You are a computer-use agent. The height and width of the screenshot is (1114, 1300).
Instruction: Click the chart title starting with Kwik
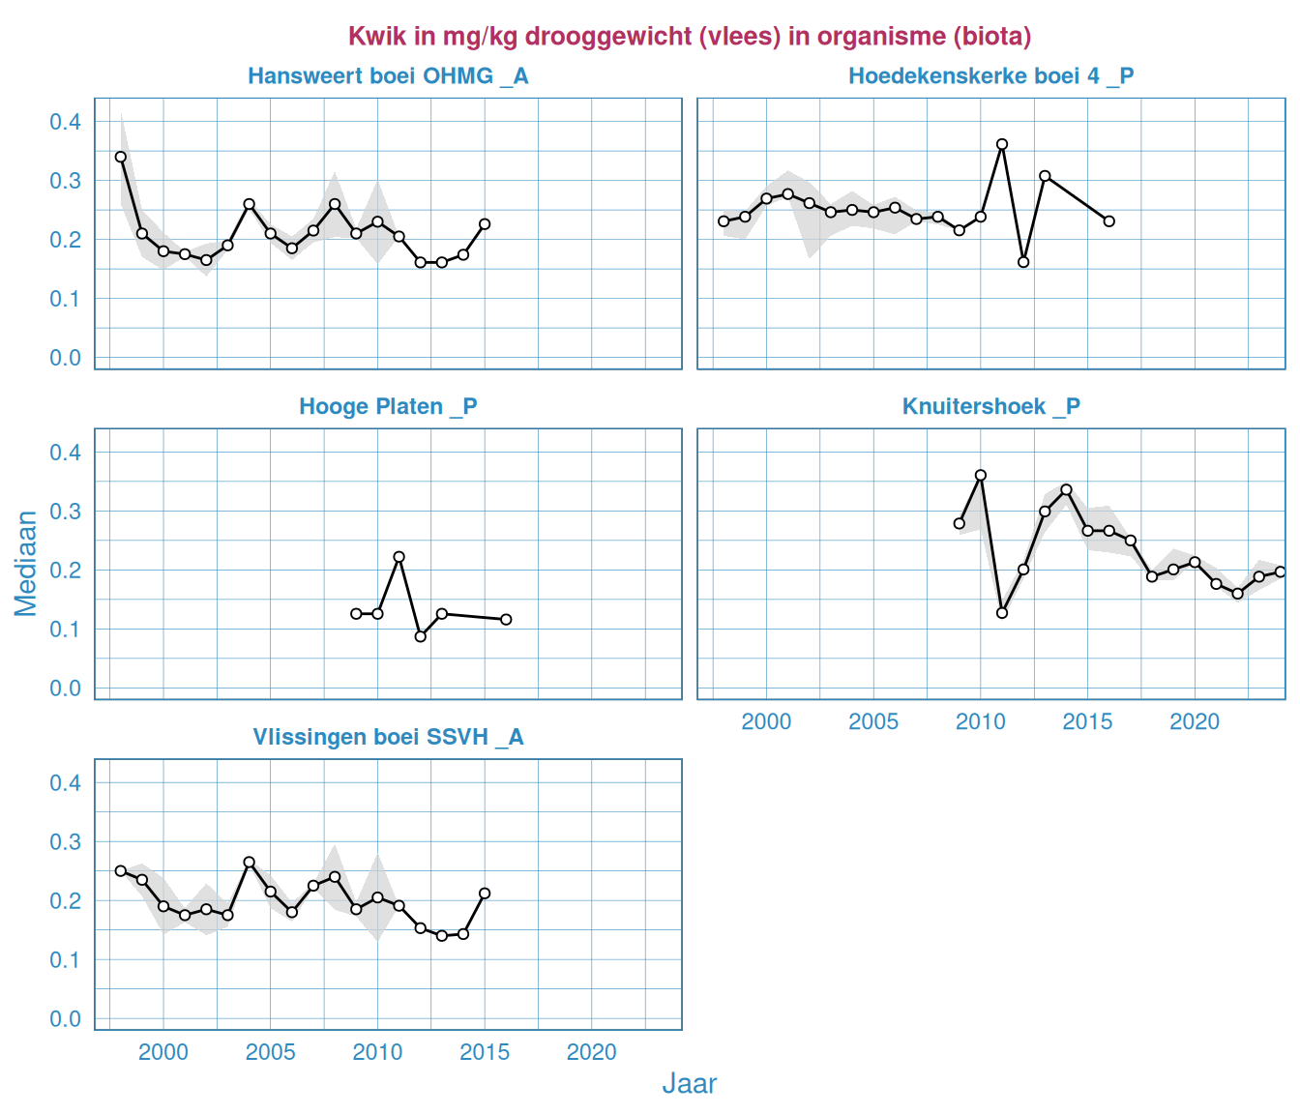pyautogui.click(x=689, y=37)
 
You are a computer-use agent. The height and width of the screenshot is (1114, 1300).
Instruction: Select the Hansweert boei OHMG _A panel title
pyautogui.click(x=388, y=76)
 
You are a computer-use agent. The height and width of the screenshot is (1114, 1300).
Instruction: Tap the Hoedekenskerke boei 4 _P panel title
pyautogui.click(x=990, y=76)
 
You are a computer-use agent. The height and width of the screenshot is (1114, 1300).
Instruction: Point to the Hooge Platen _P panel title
pyautogui.click(x=388, y=407)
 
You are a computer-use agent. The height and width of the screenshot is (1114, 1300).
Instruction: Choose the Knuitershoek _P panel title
pyautogui.click(x=990, y=407)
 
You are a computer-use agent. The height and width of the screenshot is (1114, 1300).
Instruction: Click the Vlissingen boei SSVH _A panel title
pyautogui.click(x=388, y=738)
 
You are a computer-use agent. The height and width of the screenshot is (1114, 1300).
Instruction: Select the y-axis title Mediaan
pyautogui.click(x=26, y=563)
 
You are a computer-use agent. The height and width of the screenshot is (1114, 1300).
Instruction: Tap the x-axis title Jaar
pyautogui.click(x=689, y=1084)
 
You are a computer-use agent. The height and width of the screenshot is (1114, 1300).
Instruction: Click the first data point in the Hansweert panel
pyautogui.click(x=121, y=157)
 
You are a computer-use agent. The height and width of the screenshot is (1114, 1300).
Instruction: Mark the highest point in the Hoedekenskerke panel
pyautogui.click(x=1002, y=144)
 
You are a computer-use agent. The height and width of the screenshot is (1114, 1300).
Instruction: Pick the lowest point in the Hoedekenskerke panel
pyautogui.click(x=1023, y=262)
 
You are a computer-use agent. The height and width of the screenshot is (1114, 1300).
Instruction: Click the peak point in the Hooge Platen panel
pyautogui.click(x=399, y=557)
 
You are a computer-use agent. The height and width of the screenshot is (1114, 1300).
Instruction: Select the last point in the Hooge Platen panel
pyautogui.click(x=506, y=619)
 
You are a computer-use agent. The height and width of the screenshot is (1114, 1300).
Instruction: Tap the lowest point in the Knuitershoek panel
pyautogui.click(x=1002, y=613)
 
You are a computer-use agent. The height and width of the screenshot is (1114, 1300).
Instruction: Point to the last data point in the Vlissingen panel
pyautogui.click(x=485, y=894)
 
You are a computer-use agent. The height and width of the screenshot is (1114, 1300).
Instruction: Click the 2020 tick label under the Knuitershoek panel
pyautogui.click(x=1195, y=721)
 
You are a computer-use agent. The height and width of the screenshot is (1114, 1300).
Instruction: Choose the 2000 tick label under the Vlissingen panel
pyautogui.click(x=163, y=1052)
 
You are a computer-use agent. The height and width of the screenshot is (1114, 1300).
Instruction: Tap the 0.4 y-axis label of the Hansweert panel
pyautogui.click(x=66, y=122)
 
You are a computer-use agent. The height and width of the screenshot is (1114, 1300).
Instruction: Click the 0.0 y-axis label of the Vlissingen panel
pyautogui.click(x=66, y=1019)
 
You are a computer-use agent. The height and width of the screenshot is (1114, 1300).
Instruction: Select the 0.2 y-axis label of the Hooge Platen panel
pyautogui.click(x=66, y=571)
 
